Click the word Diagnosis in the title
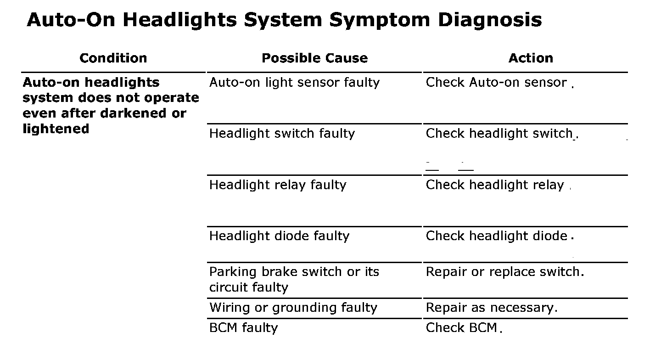pos(490,20)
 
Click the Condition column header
pos(113,58)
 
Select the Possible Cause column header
pos(314,58)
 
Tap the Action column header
pos(531,58)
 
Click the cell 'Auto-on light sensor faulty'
pos(294,83)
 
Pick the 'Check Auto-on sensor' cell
pos(496,83)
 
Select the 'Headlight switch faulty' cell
pos(282,134)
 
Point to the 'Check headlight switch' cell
pos(499,134)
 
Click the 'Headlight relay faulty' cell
pos(278,185)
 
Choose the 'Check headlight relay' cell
pos(495,185)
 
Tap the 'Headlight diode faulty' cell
pos(279,236)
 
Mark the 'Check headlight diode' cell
pos(497,236)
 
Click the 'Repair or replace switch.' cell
pos(505,272)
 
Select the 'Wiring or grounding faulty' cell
pos(293,308)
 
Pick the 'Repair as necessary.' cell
pos(492,308)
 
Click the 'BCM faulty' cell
pos(243,328)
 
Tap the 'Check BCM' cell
pos(461,328)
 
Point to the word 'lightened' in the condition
pos(56,129)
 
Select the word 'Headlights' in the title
pos(185,20)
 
